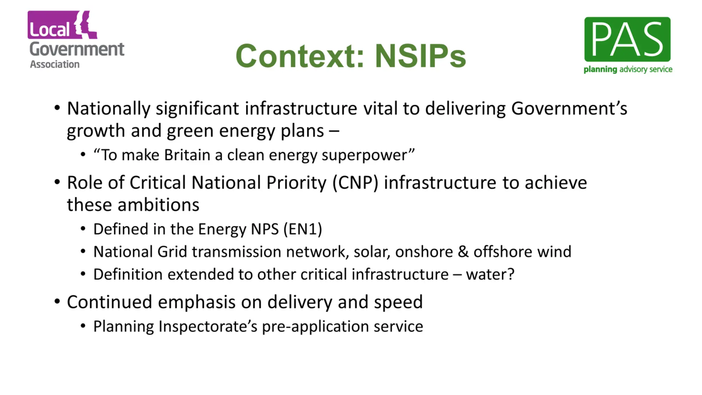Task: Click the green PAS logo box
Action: [x=627, y=39]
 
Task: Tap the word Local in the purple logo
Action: [x=49, y=29]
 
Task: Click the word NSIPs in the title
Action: [x=420, y=56]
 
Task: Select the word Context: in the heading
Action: [x=300, y=56]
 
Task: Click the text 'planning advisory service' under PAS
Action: [x=628, y=69]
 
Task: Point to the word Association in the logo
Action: [x=55, y=64]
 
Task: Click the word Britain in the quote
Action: [x=187, y=155]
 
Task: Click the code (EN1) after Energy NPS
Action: [x=303, y=229]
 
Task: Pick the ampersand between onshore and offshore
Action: [x=463, y=252]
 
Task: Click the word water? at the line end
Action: [x=490, y=274]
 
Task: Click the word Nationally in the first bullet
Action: [x=108, y=109]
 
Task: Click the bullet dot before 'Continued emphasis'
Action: [x=57, y=301]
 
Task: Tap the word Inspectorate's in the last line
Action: [x=208, y=326]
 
